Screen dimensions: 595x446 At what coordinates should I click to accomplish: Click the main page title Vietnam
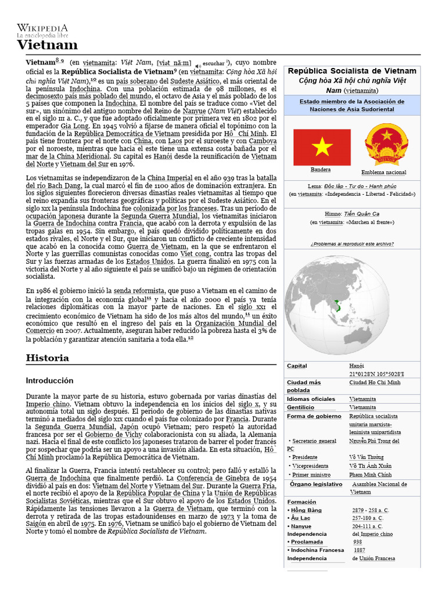[47, 45]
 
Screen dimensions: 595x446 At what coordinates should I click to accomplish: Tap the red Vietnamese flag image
[321, 147]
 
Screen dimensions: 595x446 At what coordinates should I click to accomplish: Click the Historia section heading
[48, 358]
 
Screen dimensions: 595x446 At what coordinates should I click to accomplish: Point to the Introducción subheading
[50, 381]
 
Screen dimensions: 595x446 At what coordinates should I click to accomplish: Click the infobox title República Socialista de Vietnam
[352, 71]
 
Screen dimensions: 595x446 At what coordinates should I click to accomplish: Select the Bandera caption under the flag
[321, 170]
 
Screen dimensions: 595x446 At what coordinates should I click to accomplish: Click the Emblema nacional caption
[383, 173]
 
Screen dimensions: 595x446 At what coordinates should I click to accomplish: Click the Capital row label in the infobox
[297, 366]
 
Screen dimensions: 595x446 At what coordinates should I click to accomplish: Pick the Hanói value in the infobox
[357, 366]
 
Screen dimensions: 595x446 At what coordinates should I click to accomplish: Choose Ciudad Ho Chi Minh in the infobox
[375, 383]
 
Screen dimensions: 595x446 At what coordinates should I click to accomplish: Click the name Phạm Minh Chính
[370, 475]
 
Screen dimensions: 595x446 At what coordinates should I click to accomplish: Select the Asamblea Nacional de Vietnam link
[379, 484]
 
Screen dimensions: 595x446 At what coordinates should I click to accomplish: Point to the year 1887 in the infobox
[359, 550]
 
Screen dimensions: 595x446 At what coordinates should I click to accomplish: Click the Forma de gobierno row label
[314, 416]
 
